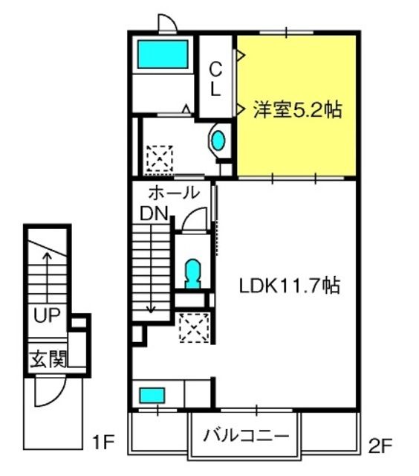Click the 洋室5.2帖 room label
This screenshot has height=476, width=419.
297,109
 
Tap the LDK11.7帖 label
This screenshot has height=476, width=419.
290,286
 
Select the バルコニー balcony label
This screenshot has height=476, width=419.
246,437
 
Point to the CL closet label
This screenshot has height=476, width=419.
215,79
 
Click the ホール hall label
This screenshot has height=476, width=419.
174,193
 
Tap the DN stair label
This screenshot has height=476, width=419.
154,213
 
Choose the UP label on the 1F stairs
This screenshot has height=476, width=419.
47,315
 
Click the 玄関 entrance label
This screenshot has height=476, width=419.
48,358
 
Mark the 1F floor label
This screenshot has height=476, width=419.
103,442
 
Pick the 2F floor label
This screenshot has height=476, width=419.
380,446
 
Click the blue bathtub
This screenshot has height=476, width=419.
163,54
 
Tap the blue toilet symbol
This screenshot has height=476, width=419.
193,274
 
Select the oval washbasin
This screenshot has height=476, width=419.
218,141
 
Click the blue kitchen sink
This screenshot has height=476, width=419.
152,395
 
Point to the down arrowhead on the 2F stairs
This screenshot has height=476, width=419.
150,309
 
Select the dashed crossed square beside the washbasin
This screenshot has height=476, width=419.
160,158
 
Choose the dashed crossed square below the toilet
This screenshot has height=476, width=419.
194,328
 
